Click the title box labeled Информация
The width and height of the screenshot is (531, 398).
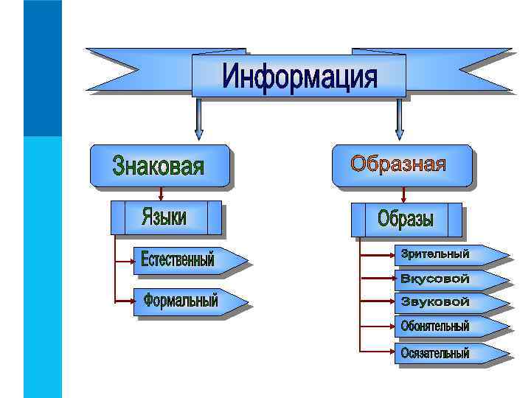[x=299, y=75]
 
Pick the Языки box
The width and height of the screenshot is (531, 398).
[x=166, y=217]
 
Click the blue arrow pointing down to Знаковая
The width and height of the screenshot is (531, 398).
[x=198, y=119]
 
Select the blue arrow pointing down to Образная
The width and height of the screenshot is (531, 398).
[x=400, y=119]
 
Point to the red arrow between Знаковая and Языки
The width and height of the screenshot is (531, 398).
[x=161, y=193]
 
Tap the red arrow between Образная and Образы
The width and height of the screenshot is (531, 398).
[x=404, y=195]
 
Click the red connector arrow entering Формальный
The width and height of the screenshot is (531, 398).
[x=124, y=301]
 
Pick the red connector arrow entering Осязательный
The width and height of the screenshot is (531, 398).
[x=376, y=352]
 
